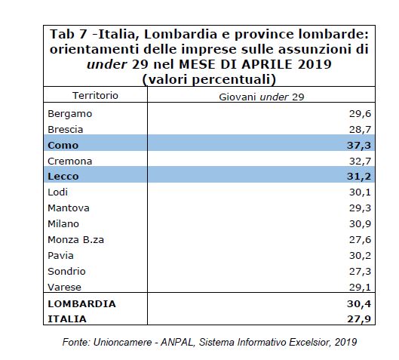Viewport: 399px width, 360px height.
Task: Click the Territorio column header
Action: coord(96,96)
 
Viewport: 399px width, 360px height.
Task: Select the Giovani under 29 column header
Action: coord(262,97)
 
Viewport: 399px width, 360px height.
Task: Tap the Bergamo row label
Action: coord(69,114)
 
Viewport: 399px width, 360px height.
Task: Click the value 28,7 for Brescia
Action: coord(360,130)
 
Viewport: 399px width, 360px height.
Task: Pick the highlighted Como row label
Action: coord(63,146)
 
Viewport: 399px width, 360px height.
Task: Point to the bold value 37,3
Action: coord(359,146)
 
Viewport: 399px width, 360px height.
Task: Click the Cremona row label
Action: coord(69,162)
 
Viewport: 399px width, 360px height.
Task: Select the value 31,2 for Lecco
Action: coord(359,176)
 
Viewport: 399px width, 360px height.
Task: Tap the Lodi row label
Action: coord(58,192)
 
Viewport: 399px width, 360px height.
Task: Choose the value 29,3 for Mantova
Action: coord(360,208)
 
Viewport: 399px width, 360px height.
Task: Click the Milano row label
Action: coord(63,224)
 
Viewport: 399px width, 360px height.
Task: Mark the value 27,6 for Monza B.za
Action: coord(360,239)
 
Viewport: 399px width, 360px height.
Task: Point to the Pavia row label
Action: coord(60,255)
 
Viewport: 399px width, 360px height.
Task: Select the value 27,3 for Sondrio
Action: coord(360,272)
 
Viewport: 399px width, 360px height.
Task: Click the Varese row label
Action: coord(64,288)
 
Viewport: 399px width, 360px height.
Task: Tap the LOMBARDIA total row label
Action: coord(81,303)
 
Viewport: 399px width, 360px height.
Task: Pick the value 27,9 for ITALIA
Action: coord(359,318)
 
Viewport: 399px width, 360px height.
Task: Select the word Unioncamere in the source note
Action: coord(123,342)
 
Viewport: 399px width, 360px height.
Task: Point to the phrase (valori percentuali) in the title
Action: coord(209,79)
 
